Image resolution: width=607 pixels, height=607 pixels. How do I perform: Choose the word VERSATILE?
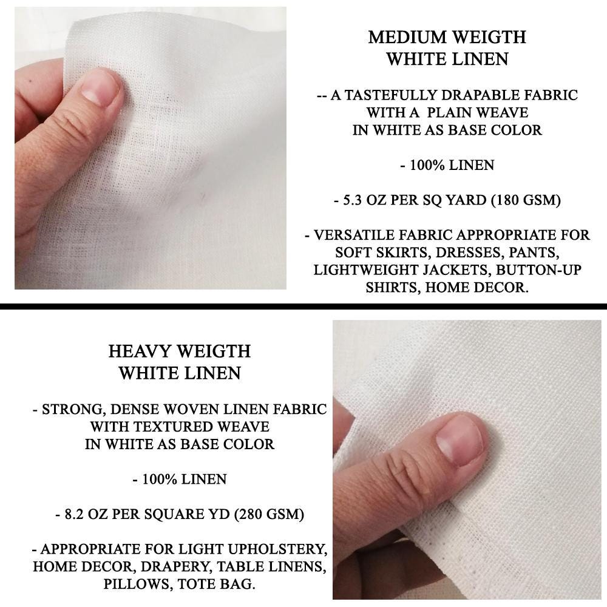tap(361, 235)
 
